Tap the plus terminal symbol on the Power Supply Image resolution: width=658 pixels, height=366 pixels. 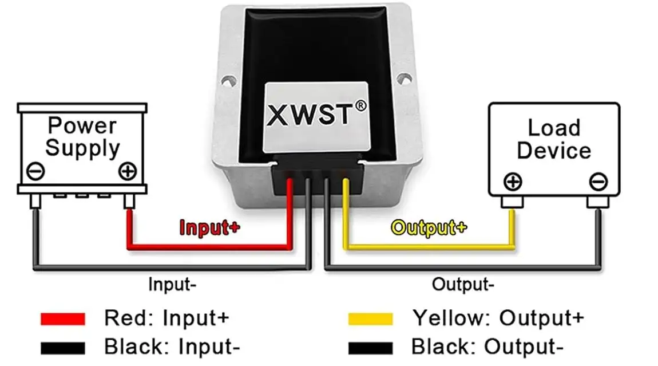point(127,171)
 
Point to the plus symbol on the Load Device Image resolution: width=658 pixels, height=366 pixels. point(513,182)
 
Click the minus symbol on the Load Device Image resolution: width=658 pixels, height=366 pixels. point(597,182)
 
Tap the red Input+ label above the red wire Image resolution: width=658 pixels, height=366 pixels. point(209,227)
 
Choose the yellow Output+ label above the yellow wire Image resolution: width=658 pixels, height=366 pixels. point(429,227)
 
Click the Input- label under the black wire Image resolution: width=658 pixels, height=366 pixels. point(172,284)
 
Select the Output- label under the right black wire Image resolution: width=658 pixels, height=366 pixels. point(463,284)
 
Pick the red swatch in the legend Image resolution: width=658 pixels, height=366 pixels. point(62,318)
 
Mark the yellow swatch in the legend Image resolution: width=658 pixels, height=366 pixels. point(370,318)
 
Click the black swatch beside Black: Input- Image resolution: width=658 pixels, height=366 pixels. point(62,347)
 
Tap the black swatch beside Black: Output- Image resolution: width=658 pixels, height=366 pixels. point(370,347)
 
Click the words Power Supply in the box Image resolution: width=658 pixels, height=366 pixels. point(82,136)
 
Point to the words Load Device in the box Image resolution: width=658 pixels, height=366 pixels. point(553,139)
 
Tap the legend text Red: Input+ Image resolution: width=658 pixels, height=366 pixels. point(167,317)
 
